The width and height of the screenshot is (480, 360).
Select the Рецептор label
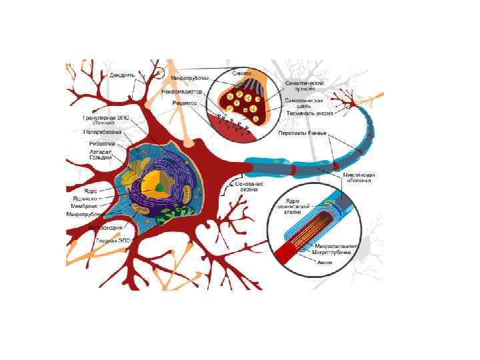click(184, 103)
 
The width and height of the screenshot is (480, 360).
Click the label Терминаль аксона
click(305, 113)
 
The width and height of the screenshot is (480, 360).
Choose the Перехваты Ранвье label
click(302, 133)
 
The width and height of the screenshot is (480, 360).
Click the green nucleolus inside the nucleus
click(159, 189)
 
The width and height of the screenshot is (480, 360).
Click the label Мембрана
click(85, 207)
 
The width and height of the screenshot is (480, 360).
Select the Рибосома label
click(103, 143)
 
